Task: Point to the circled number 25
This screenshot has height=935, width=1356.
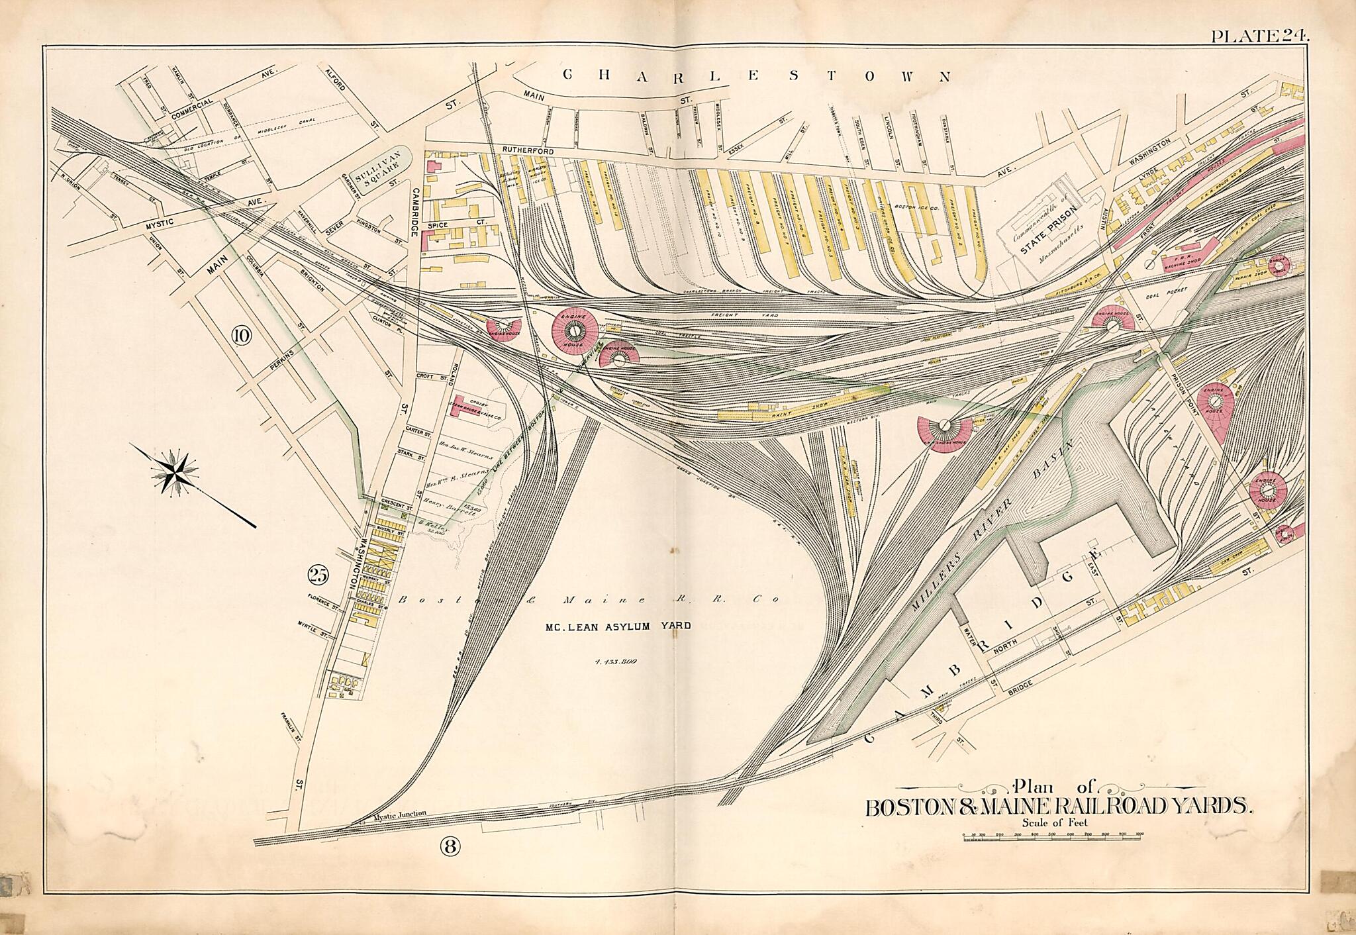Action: coord(317,575)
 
